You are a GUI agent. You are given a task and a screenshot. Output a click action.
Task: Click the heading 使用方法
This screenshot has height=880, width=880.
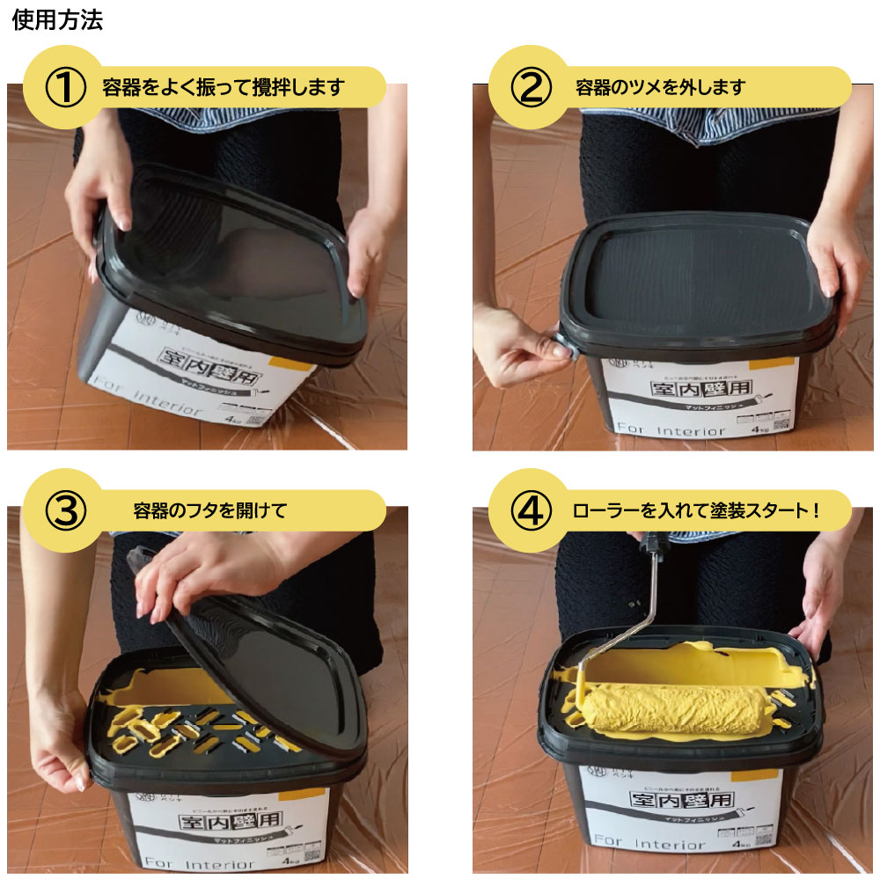pos(57,21)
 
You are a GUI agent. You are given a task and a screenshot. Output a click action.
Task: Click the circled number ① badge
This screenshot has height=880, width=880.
pos(65,88)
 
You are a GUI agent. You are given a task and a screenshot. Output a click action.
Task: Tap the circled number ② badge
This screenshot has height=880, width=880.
pos(531,88)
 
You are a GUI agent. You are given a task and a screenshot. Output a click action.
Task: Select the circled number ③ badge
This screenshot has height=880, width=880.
pos(65,511)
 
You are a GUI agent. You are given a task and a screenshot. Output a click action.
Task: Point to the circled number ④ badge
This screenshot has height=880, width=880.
pos(531,511)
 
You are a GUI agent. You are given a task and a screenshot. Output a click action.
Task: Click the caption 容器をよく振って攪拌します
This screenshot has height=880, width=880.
pos(222,88)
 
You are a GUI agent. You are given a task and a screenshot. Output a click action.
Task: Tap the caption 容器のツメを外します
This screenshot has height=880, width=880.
pos(660,88)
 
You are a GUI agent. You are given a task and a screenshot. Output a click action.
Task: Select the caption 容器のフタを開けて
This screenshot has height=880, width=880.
pos(210,511)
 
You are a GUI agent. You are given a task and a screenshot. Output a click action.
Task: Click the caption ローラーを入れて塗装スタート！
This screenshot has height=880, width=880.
pos(695,511)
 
